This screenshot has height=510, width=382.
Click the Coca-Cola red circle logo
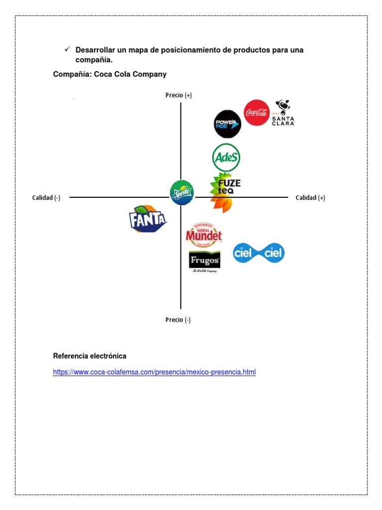[257, 113]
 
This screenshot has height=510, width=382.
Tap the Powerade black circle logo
[227, 124]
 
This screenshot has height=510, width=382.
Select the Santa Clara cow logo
[283, 113]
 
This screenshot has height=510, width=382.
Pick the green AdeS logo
[226, 158]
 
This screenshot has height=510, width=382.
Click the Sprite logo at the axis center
[182, 192]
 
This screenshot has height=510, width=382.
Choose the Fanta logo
[148, 219]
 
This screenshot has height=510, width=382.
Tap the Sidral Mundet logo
[203, 235]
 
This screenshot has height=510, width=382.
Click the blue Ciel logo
[259, 253]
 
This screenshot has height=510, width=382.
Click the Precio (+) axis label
[179, 95]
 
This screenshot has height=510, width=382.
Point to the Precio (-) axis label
[178, 320]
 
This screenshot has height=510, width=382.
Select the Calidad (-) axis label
[46, 198]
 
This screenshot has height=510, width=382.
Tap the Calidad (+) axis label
[310, 198]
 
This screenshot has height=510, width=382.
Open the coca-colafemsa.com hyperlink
[154, 372]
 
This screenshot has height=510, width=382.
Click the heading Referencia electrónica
[90, 356]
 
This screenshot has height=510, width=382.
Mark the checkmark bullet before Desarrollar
[67, 50]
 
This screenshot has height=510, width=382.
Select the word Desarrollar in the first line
[96, 50]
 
